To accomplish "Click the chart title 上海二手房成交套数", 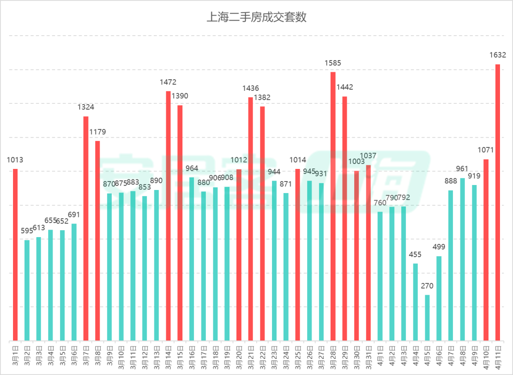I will point(256,18).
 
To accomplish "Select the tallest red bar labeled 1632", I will point(498,201).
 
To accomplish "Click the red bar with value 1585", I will point(333,206).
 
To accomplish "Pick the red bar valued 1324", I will point(86,228).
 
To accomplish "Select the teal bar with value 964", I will point(192,259).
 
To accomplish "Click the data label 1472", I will point(168,82).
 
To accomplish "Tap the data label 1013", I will point(15,160).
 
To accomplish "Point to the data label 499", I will point(439,247).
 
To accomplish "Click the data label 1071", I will point(486,149).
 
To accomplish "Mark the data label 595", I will point(27,231).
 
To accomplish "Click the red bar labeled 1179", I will point(98,241).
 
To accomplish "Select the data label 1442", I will point(345,87).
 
